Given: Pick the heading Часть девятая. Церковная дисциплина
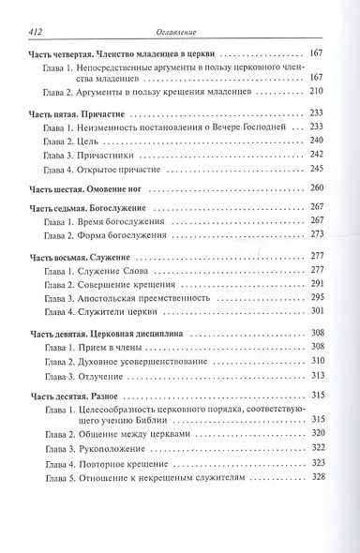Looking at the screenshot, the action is coord(109,333).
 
